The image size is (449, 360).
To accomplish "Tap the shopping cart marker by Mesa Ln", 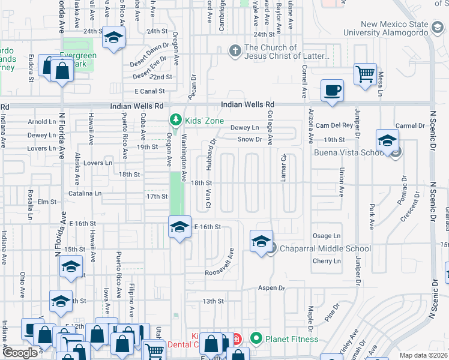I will pyautogui.click(x=365, y=75).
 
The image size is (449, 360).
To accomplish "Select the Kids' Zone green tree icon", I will pyautogui.click(x=175, y=121).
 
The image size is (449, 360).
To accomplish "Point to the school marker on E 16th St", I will pyautogui.click(x=178, y=228).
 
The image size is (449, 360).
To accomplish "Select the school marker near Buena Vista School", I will pyautogui.click(x=387, y=142).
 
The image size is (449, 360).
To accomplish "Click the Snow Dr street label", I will pyautogui.click(x=250, y=139).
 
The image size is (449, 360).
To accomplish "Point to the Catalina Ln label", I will pyautogui.click(x=85, y=193).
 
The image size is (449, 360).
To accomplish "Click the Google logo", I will pyautogui.click(x=20, y=353).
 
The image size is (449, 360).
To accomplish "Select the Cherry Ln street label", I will pyautogui.click(x=327, y=261).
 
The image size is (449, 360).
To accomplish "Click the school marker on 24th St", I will pyautogui.click(x=112, y=37).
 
